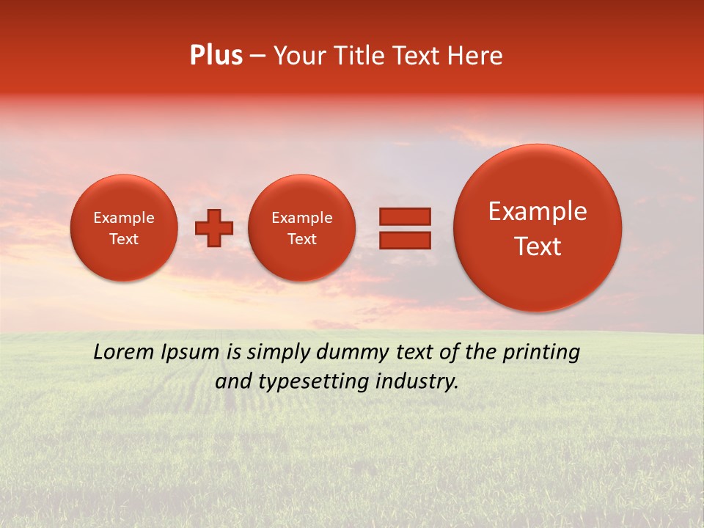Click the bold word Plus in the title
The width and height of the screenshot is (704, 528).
(216, 56)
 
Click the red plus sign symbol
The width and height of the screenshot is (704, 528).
(214, 228)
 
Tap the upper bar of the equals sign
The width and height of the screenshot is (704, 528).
(404, 216)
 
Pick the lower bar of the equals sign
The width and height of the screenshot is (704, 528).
(404, 240)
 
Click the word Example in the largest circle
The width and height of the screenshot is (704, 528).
(538, 211)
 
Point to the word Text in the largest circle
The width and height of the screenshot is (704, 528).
(538, 246)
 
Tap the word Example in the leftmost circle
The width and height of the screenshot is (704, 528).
(124, 218)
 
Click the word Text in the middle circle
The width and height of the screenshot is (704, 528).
(302, 239)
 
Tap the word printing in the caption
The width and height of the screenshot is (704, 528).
(542, 353)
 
